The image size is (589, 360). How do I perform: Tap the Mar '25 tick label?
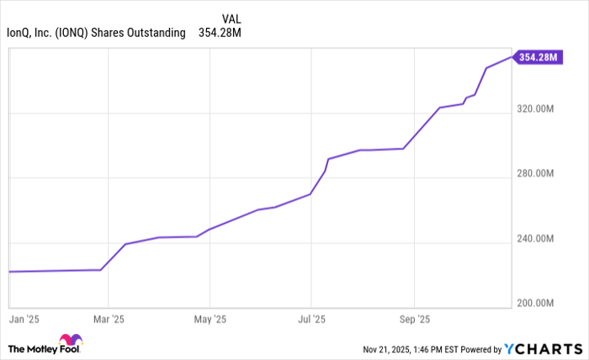pyautogui.click(x=108, y=320)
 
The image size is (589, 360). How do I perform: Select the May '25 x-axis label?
pyautogui.click(x=210, y=320)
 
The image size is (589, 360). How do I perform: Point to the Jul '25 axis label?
pyautogui.click(x=311, y=320)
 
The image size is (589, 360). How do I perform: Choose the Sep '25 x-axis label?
pyautogui.click(x=414, y=320)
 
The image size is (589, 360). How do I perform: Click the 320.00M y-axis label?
pyautogui.click(x=535, y=109)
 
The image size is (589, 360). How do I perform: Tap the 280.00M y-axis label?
pyautogui.click(x=535, y=174)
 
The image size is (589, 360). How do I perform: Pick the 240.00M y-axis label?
pyautogui.click(x=535, y=239)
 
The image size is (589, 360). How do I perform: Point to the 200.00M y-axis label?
pyautogui.click(x=535, y=303)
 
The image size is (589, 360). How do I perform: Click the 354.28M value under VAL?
pyautogui.click(x=221, y=33)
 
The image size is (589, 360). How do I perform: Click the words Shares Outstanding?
pyautogui.click(x=149, y=33)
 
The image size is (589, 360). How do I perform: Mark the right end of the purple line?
pyautogui.click(x=511, y=57)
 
